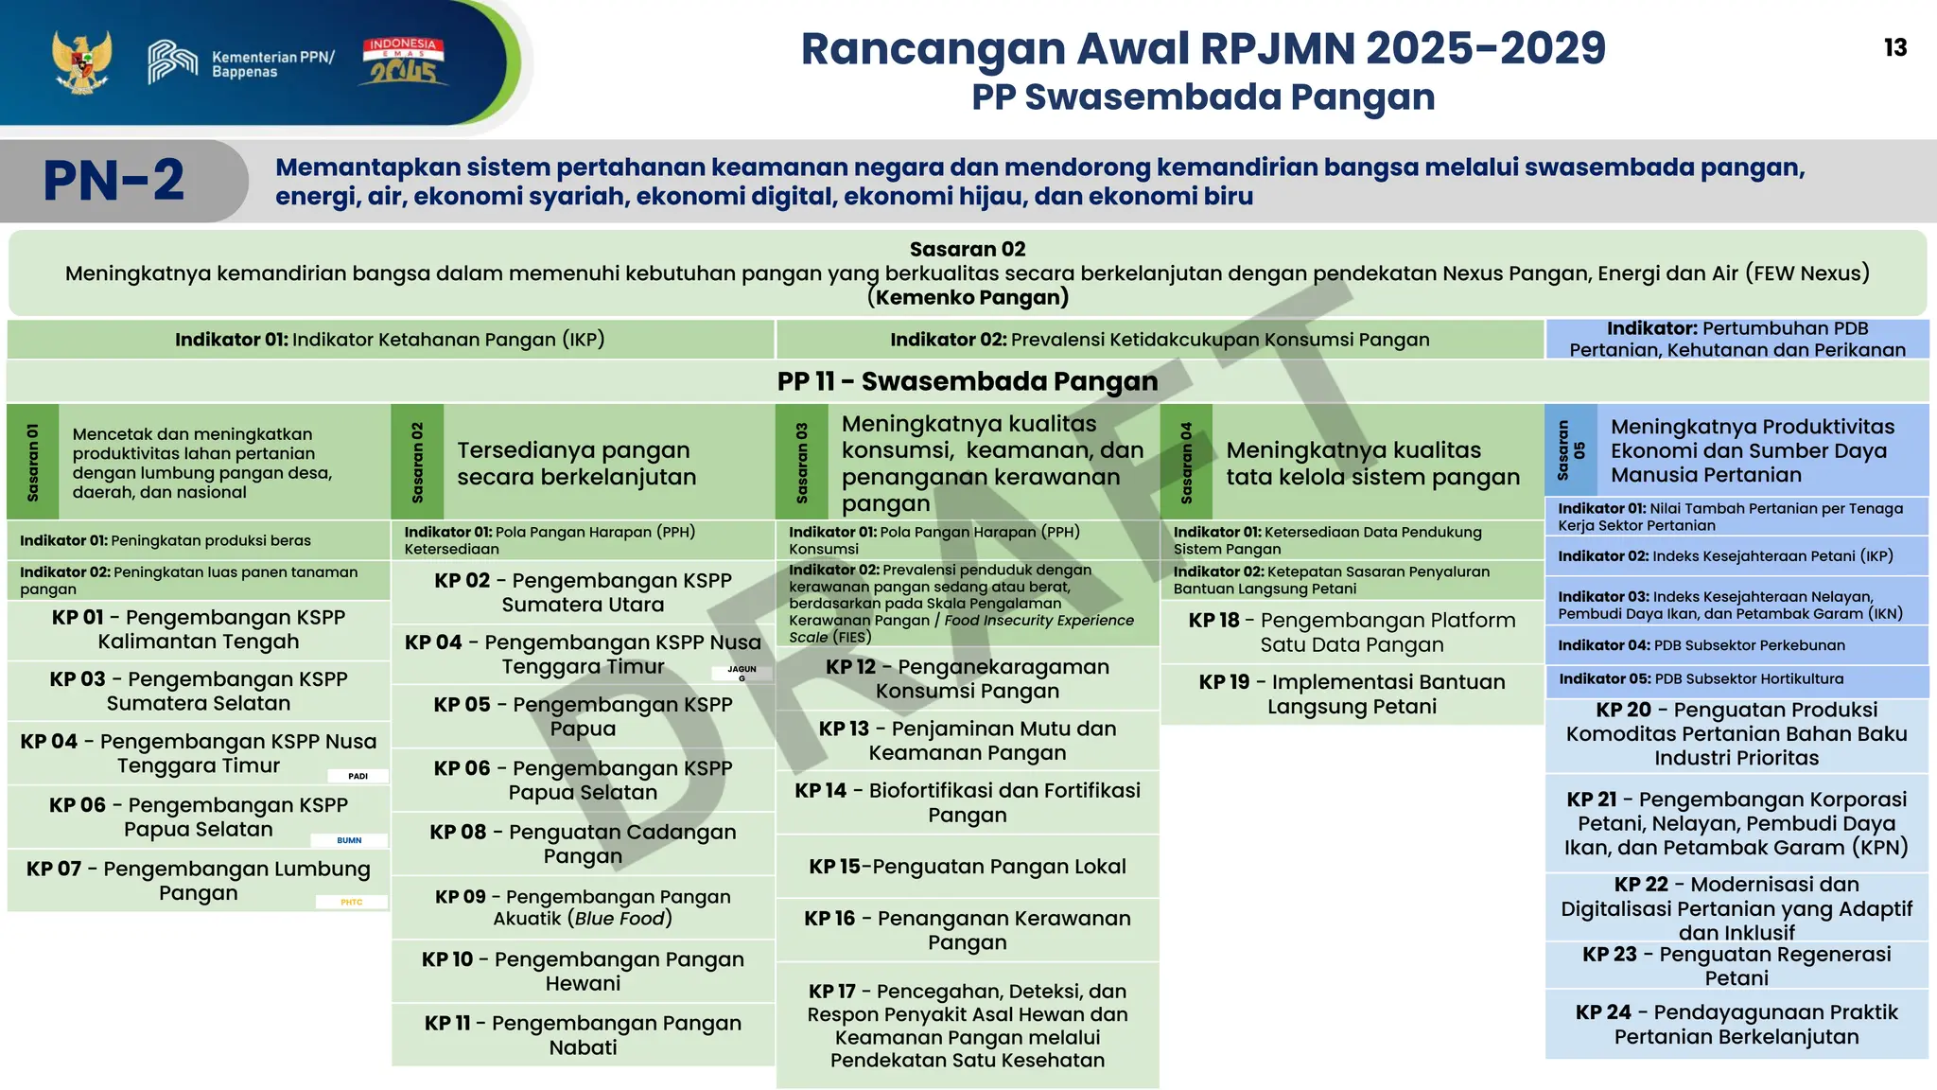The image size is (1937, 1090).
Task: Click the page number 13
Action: pyautogui.click(x=1894, y=48)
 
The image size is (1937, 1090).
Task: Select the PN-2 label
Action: pyautogui.click(x=114, y=181)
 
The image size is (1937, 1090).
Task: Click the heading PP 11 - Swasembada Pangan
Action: pyautogui.click(x=967, y=381)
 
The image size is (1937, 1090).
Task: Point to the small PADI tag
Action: pyautogui.click(x=358, y=776)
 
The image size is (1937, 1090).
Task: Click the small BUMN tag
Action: pyautogui.click(x=349, y=840)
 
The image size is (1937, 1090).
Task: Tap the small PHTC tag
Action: pyautogui.click(x=351, y=903)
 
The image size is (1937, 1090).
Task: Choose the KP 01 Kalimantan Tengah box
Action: pyautogui.click(x=199, y=629)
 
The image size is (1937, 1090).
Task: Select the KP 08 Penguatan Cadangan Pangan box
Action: pyautogui.click(x=583, y=843)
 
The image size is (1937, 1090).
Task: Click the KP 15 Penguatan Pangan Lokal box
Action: pyautogui.click(x=967, y=866)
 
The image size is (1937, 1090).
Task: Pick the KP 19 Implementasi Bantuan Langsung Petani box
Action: pyautogui.click(x=1352, y=694)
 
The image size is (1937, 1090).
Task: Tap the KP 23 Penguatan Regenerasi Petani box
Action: pyautogui.click(x=1736, y=965)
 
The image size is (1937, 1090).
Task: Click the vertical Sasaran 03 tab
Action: pyautogui.click(x=802, y=462)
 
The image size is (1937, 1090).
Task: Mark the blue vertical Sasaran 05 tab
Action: pyautogui.click(x=1571, y=450)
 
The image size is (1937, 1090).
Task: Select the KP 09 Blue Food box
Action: pyautogui.click(x=583, y=906)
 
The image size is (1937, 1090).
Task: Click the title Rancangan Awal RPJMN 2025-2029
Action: pyautogui.click(x=1203, y=49)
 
